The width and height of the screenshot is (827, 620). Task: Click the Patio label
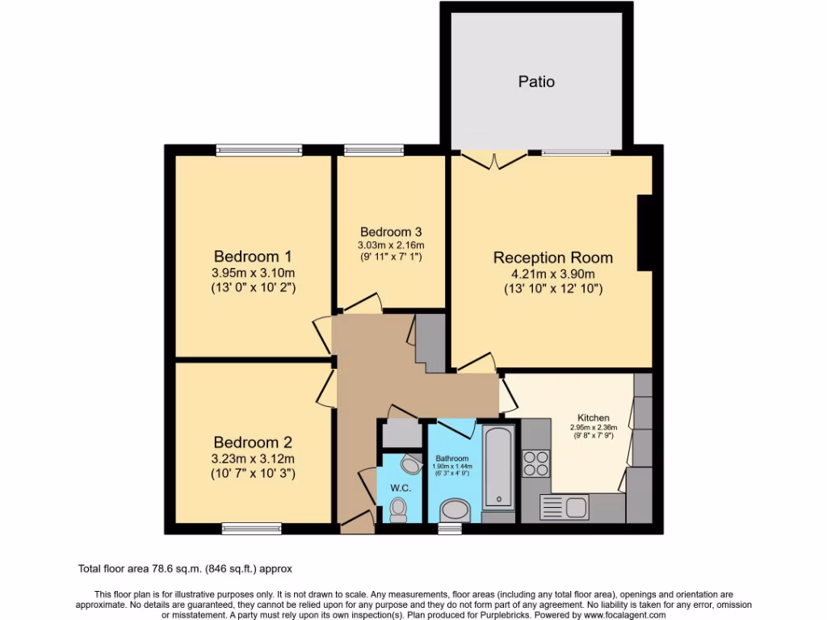[x=536, y=82]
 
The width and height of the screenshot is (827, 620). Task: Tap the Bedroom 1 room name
[x=253, y=255]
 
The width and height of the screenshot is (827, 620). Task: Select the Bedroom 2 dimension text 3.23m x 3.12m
[x=253, y=459]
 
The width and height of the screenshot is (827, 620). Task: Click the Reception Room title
[x=553, y=258]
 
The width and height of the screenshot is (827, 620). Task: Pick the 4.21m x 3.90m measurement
[x=553, y=274]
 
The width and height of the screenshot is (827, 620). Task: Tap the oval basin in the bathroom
[x=455, y=509]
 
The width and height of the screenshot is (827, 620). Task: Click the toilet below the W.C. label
[x=398, y=509]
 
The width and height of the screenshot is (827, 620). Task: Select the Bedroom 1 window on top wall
[x=259, y=149]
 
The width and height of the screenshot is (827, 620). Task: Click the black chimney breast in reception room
[x=644, y=232]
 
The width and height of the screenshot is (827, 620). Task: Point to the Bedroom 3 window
[x=373, y=149]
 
